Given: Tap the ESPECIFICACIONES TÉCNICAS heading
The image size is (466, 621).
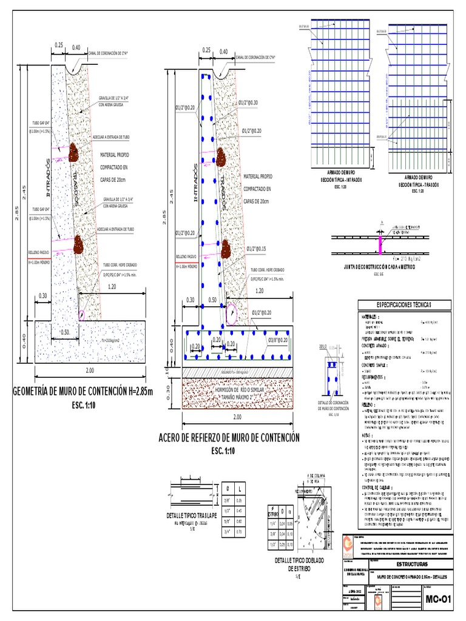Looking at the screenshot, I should [404, 304].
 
